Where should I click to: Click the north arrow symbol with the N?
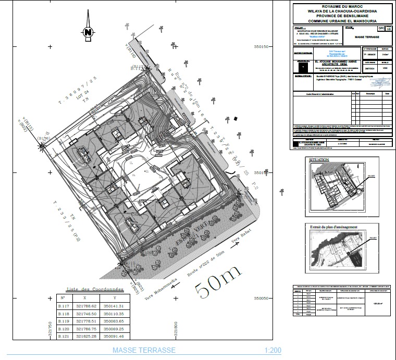(x=88, y=32)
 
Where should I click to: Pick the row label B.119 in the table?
(x=63, y=321)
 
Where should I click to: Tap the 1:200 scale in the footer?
(x=273, y=351)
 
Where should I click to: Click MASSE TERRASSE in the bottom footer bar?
(x=144, y=351)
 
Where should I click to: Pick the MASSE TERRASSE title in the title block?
(x=366, y=38)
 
